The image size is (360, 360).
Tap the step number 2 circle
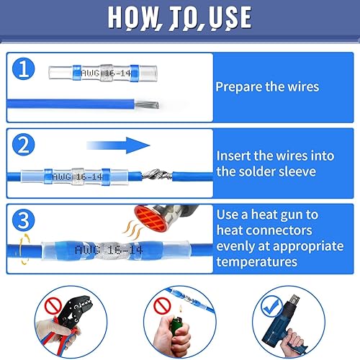(24, 145)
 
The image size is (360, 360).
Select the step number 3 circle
(24, 220)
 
